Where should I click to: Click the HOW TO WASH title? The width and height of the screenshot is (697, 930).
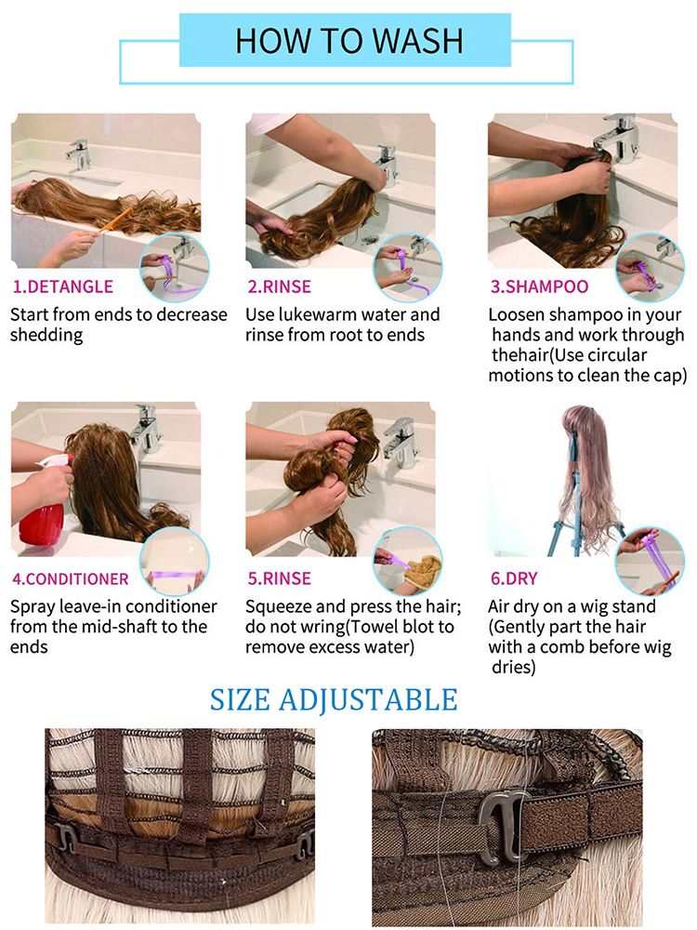click(x=349, y=41)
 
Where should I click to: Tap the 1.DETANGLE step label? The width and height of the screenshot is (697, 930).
click(x=63, y=286)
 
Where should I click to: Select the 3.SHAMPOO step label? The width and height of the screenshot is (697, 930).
click(x=539, y=286)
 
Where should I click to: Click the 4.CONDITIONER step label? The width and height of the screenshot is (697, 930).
click(x=71, y=578)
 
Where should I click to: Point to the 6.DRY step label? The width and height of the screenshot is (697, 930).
click(x=514, y=578)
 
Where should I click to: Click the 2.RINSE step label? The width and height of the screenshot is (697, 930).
click(x=279, y=286)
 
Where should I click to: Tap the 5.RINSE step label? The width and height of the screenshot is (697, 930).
click(x=279, y=578)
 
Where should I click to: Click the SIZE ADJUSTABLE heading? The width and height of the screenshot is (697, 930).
click(x=334, y=700)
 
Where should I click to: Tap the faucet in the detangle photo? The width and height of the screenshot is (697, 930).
click(x=78, y=155)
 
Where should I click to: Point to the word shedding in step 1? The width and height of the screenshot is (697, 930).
click(x=46, y=335)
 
